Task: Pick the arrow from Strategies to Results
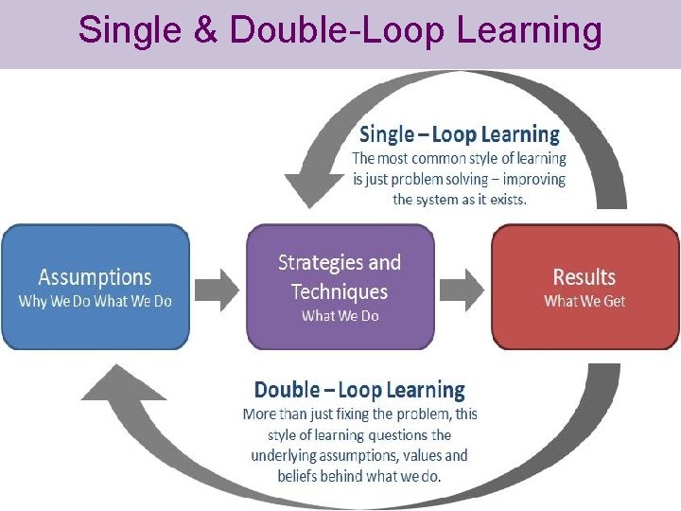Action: coord(463,288)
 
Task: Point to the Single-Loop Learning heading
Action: coord(459,134)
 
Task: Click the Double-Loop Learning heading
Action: coord(359,390)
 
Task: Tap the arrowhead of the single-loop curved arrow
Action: coord(307,185)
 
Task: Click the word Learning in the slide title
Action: coord(529,31)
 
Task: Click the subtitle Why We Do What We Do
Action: coord(95,301)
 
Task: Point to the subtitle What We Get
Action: coord(585,301)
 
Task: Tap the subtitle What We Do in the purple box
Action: coord(340,316)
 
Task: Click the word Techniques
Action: coord(340,291)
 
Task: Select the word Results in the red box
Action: coord(585,277)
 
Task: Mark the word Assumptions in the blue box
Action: coord(95,277)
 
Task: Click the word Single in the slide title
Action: coord(118,31)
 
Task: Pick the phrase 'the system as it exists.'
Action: coord(460,199)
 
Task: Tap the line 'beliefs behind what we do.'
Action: coord(359,476)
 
